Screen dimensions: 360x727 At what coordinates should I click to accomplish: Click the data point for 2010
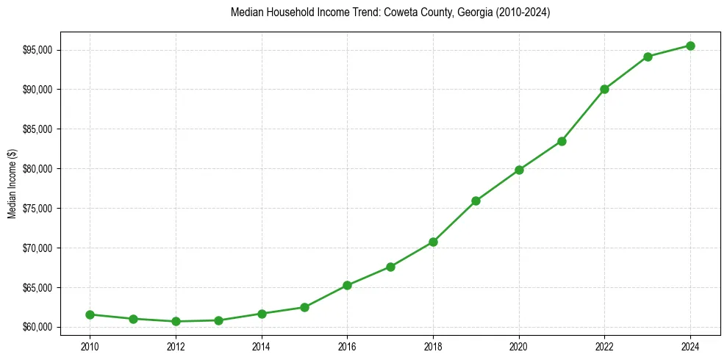90,314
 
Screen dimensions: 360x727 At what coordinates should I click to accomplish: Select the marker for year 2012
176,321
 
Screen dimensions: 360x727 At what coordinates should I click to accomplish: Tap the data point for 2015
304,307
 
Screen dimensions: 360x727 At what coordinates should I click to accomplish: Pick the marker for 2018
433,242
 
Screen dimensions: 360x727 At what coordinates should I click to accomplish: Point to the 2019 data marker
476,201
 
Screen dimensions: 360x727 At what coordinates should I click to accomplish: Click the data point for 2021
562,141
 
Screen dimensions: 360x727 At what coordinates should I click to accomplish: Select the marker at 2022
604,89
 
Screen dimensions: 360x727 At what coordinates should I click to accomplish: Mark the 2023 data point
648,57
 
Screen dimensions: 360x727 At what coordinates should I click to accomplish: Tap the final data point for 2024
690,46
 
